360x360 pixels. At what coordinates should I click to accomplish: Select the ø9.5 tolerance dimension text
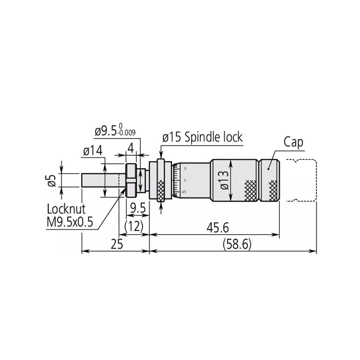115,132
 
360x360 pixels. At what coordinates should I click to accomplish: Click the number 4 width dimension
131,148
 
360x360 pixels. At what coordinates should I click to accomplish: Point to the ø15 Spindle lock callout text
202,137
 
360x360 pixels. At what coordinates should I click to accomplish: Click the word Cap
293,142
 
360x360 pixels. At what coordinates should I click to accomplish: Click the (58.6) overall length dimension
237,244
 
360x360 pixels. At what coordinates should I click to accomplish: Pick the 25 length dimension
117,244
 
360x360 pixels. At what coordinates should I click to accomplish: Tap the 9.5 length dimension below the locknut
137,208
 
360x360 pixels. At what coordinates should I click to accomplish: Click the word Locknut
66,209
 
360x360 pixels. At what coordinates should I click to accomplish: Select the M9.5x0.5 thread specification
70,222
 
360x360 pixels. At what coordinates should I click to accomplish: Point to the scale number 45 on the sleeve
184,192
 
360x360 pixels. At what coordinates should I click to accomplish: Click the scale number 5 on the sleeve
185,168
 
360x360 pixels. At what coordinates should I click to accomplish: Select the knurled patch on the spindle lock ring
161,189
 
